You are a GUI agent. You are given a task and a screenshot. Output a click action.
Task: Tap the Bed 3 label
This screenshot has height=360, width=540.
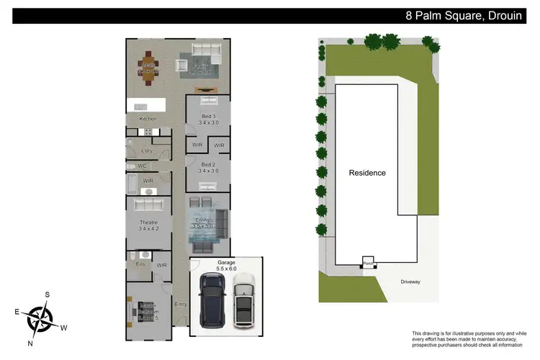pos(209,119)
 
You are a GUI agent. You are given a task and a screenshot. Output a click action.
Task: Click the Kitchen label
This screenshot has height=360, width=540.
pos(148,119)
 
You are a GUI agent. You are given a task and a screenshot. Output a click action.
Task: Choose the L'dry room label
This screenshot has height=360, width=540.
pos(147,150)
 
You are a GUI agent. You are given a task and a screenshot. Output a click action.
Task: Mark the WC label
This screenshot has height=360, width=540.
pos(142,166)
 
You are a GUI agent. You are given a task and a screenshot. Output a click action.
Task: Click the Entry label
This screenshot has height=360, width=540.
pos(180,304)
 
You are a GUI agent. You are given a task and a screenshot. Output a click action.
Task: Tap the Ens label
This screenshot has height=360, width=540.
pos(140,264)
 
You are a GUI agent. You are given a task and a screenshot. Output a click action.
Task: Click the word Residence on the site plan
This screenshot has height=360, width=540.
pos(367,173)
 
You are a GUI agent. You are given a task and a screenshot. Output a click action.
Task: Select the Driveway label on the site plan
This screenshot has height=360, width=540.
pos(411,282)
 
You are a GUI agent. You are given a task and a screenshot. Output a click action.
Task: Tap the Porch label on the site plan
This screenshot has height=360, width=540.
pos(367,264)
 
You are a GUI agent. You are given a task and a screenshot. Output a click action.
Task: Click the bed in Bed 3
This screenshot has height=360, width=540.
pos(208,102)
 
